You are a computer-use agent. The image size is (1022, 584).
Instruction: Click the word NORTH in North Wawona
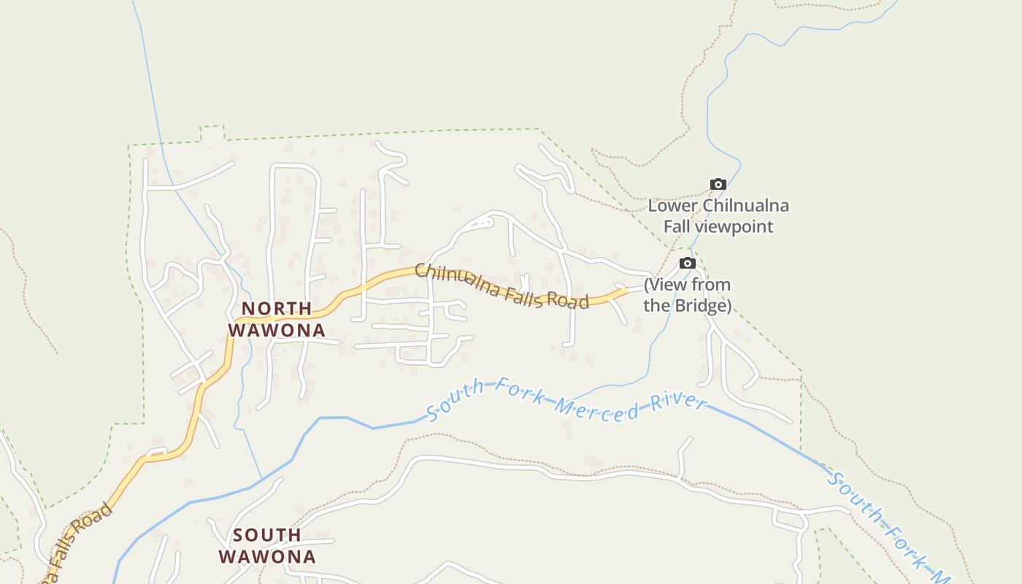[277, 308]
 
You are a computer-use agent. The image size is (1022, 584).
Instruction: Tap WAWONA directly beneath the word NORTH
[277, 330]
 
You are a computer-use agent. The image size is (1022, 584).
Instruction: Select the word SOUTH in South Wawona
[267, 535]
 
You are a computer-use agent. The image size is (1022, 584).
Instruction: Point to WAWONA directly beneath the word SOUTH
[267, 557]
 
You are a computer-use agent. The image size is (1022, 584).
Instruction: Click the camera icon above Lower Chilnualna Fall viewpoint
[718, 185]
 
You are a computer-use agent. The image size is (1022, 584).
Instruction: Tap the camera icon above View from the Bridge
[687, 264]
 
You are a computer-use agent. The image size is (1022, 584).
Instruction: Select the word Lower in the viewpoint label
[672, 206]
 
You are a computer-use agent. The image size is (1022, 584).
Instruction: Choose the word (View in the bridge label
[664, 285]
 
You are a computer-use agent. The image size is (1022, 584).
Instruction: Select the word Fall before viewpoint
[677, 226]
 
